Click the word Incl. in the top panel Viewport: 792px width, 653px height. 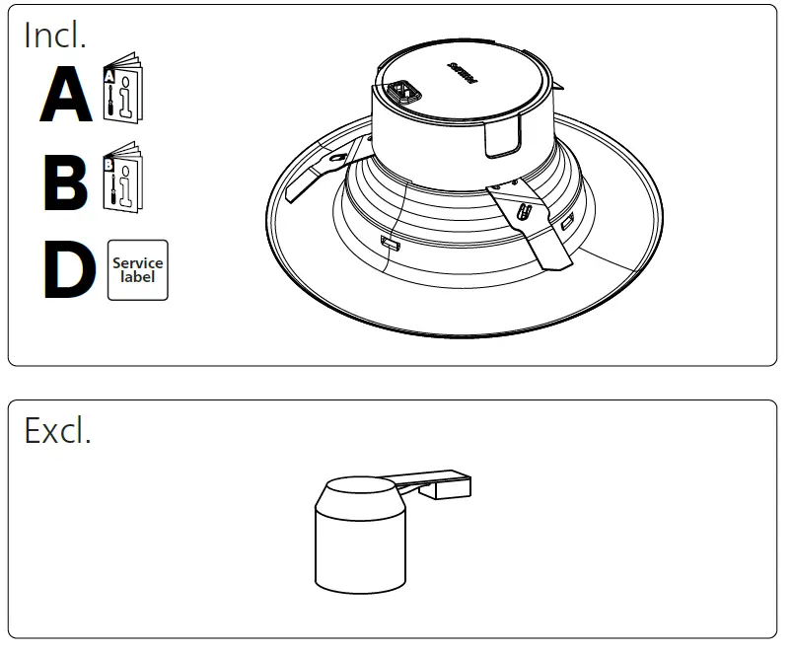click(x=55, y=36)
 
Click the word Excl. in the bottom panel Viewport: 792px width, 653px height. click(x=57, y=430)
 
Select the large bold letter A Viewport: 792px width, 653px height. click(x=66, y=97)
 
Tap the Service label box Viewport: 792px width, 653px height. click(x=137, y=269)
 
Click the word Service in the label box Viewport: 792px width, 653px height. click(x=137, y=263)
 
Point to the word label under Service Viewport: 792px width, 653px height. click(x=137, y=277)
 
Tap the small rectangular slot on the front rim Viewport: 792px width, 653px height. click(x=387, y=242)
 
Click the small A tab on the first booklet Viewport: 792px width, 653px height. click(x=109, y=75)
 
